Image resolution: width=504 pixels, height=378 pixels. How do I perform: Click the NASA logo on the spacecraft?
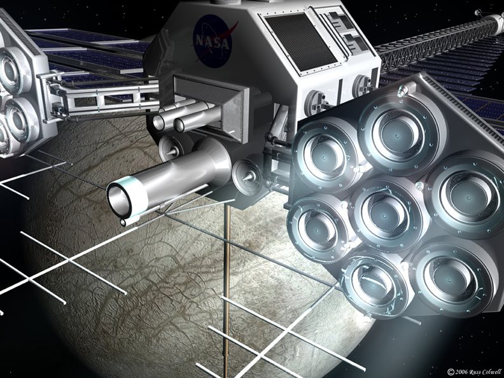click(x=213, y=41)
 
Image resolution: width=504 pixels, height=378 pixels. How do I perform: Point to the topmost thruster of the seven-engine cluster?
click(x=398, y=134)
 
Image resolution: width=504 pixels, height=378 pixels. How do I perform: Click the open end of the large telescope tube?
click(x=119, y=200)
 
